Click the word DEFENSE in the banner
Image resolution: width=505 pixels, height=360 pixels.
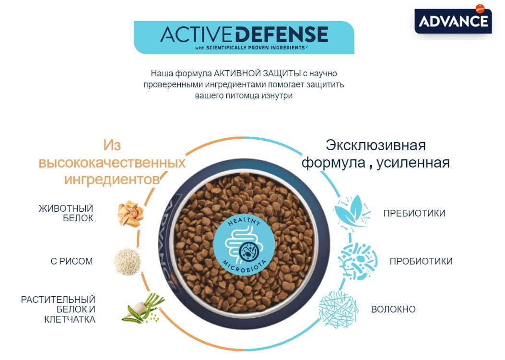282,35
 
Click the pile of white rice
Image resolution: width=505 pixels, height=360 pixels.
128,262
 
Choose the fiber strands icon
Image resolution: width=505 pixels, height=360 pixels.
339,308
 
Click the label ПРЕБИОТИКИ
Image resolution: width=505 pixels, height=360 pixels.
414,214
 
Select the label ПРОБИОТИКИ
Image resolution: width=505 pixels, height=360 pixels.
421,262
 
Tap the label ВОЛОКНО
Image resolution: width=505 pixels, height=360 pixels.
393,310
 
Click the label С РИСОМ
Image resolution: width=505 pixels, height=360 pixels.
71,262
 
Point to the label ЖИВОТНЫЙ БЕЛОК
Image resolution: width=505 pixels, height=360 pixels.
66,213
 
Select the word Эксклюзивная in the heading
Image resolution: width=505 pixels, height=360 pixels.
376,145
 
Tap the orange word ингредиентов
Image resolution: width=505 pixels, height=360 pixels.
111,180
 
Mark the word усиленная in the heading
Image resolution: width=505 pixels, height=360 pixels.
413,163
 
